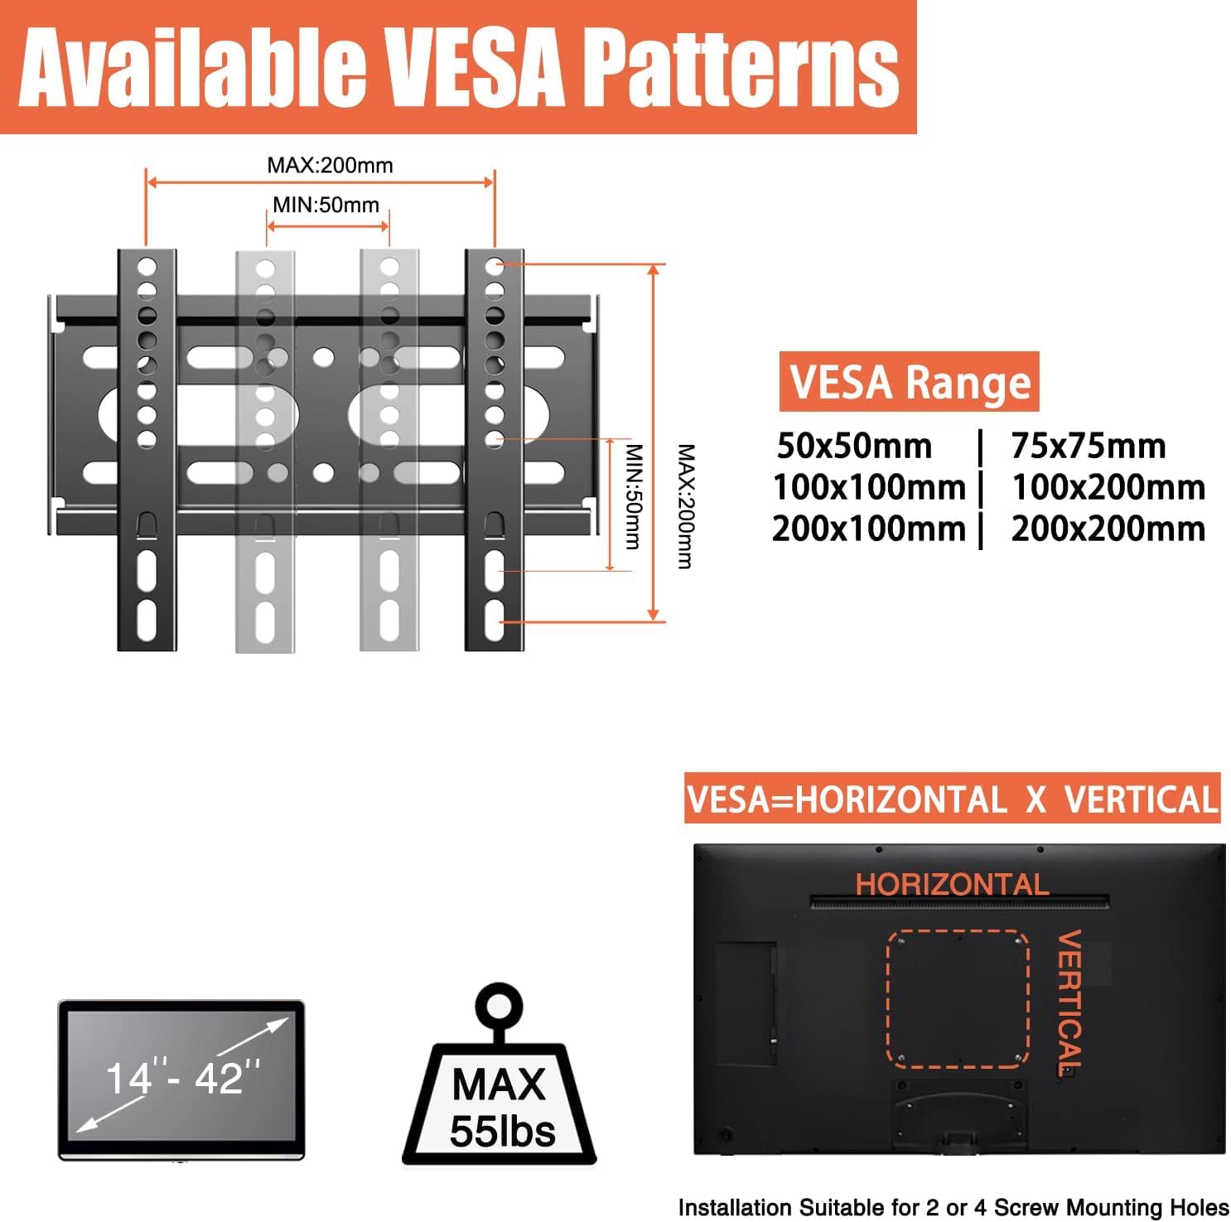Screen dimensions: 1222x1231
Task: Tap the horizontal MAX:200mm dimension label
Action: coord(330,165)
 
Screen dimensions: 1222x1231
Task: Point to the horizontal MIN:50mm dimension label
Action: coord(326,205)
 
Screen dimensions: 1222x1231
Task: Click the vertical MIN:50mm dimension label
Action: coord(634,496)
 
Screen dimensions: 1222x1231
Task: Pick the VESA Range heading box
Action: coord(909,382)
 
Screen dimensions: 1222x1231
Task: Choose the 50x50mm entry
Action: coord(854,446)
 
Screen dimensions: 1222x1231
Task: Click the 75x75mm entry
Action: coord(1088,446)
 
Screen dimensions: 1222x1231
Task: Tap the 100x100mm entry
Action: coord(869,486)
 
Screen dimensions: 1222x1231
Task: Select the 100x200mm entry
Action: coord(1108,486)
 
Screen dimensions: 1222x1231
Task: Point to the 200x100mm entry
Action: coord(869,528)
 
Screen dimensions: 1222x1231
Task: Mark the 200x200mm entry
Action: coord(1108,528)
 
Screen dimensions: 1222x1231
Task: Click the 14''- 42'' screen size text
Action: coord(183,1078)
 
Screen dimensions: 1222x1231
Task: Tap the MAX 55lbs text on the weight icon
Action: coord(501,1108)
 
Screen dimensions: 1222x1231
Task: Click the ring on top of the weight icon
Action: coord(499,1007)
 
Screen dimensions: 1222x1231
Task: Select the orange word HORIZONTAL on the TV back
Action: coord(952,884)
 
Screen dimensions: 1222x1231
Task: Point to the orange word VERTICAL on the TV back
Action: coord(1069,1002)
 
